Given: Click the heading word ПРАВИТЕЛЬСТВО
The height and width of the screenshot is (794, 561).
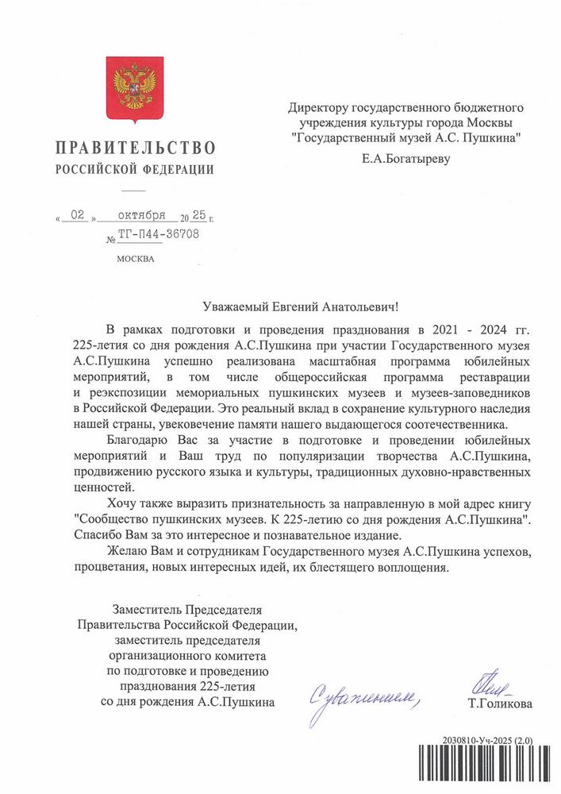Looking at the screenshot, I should [134, 148].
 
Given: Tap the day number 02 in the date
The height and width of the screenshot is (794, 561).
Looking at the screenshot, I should [77, 215].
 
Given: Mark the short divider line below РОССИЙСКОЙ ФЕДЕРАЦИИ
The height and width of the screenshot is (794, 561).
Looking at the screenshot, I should [134, 191].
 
